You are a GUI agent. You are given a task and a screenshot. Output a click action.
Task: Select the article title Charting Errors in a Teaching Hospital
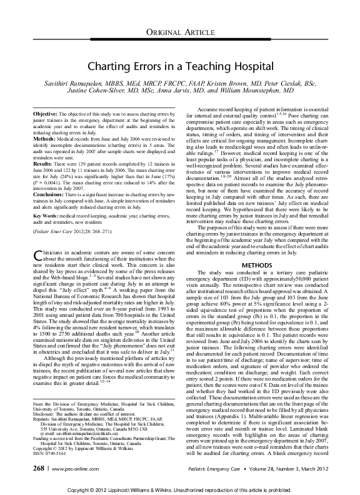tap(179, 66)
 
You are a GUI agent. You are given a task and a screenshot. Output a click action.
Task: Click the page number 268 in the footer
tap(37, 467)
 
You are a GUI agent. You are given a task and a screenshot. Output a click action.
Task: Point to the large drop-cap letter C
tap(36, 272)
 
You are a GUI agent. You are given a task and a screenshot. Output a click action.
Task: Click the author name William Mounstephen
tap(282, 93)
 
